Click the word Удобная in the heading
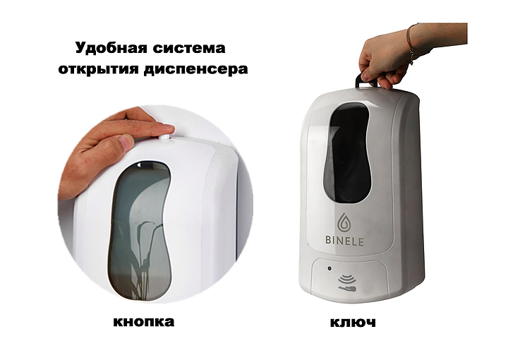tap(110, 48)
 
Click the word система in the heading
tap(189, 49)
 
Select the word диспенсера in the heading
tap(196, 69)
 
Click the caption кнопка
tap(144, 322)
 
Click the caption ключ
tap(353, 323)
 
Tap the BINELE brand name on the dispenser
tap(344, 241)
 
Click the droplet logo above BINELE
tap(344, 222)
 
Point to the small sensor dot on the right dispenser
tap(329, 268)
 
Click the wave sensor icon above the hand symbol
tap(346, 279)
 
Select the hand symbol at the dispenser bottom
tap(347, 288)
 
